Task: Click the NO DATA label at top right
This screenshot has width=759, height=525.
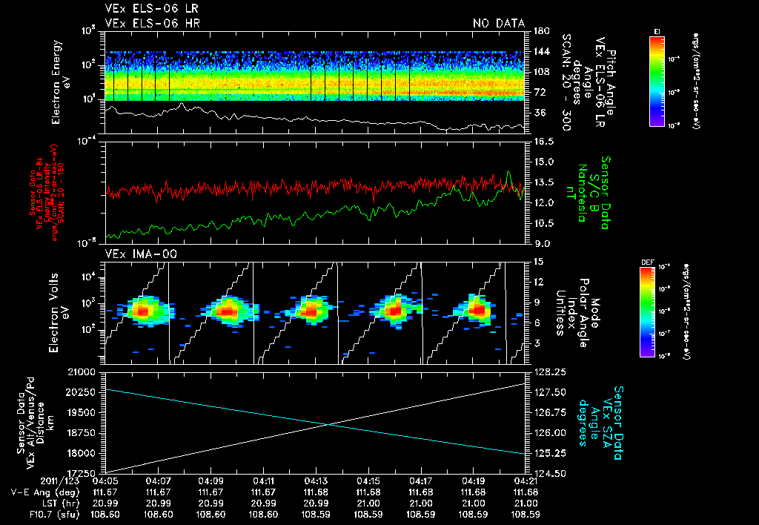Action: tap(498, 24)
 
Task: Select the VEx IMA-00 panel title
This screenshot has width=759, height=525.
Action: tap(136, 254)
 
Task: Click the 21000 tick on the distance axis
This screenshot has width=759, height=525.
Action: tap(87, 371)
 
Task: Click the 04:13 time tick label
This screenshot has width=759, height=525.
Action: tap(316, 481)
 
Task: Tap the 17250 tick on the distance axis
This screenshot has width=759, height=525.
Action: tap(87, 473)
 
